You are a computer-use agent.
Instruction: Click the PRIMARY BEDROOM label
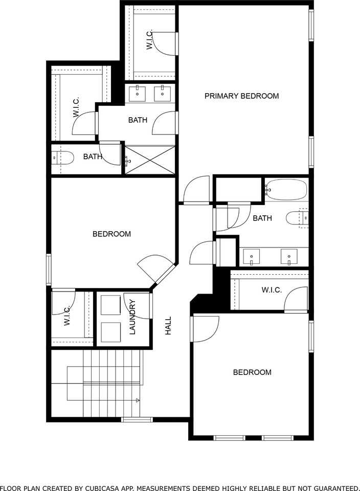241,96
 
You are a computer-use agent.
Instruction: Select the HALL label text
168,326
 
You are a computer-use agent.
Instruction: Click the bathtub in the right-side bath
286,190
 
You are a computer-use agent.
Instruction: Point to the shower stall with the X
150,160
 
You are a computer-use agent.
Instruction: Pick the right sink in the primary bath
163,93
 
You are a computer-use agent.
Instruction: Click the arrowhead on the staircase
138,400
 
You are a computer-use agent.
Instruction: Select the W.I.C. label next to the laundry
67,317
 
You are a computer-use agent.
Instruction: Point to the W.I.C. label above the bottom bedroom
272,290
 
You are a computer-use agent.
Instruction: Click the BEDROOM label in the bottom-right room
252,372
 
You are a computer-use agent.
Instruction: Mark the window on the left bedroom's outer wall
49,269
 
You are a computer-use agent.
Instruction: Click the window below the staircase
137,420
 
